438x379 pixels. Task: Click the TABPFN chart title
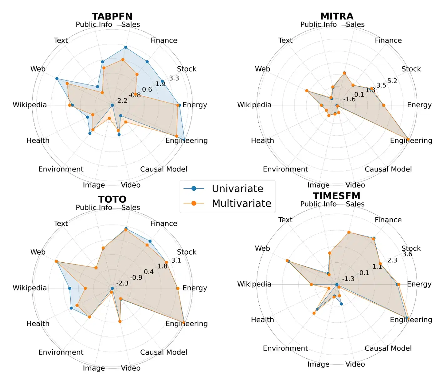(112, 16)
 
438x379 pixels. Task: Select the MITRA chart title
(337, 16)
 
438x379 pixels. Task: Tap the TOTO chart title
(112, 199)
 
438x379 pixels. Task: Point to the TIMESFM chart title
(337, 196)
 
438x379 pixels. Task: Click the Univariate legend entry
(237, 189)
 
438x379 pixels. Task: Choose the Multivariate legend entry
(241, 203)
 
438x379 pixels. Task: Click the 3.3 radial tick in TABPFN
(174, 78)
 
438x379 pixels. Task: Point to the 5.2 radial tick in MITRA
(392, 81)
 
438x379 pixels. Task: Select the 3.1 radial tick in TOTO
(176, 260)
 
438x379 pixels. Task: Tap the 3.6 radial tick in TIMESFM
(407, 254)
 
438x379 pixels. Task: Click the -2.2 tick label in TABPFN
(121, 101)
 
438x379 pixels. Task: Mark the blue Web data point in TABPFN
(57, 78)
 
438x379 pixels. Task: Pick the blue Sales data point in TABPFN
(125, 47)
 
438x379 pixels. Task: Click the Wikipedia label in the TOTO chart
(29, 288)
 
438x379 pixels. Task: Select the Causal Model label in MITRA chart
(388, 169)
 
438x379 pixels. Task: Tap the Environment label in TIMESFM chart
(285, 348)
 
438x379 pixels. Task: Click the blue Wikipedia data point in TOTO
(69, 288)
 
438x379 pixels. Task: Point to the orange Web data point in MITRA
(307, 91)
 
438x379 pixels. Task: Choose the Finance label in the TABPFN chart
(163, 40)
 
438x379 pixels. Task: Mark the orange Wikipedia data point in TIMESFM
(311, 284)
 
